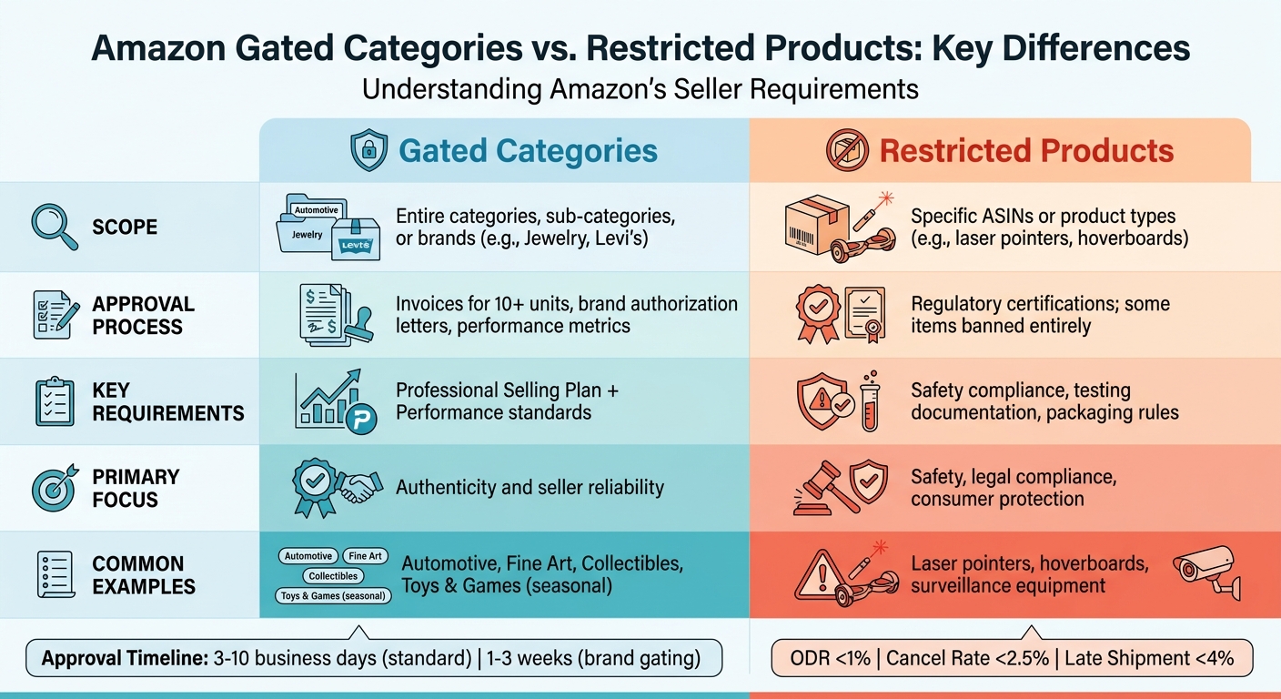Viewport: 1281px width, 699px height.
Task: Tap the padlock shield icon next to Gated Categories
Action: [368, 150]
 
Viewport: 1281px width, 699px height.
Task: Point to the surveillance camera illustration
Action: [1205, 571]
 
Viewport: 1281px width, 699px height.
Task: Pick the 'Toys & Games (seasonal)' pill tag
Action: [334, 596]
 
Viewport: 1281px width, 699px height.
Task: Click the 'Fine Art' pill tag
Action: [366, 556]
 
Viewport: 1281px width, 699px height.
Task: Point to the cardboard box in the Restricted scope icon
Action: [811, 228]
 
